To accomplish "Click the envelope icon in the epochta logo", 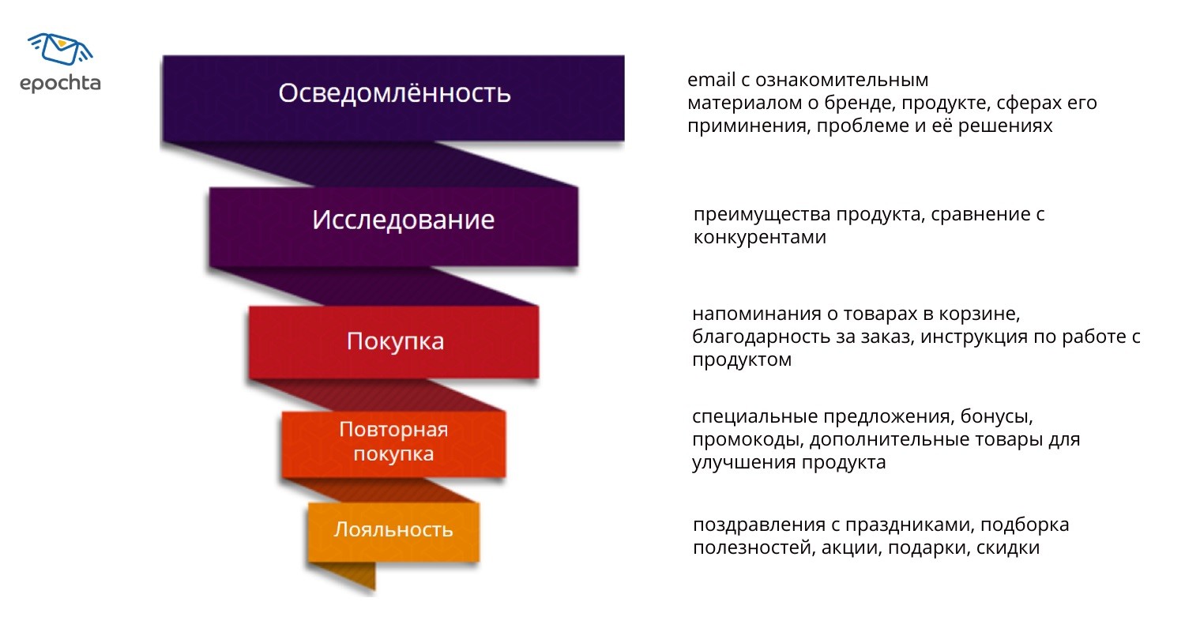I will point(60,50).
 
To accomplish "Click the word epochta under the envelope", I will point(60,83).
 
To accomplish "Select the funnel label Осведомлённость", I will point(394,93).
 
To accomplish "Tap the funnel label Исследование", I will point(403,219).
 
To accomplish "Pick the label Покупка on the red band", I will point(395,341).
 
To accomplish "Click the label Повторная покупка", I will point(393,442).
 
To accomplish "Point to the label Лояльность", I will point(393,529).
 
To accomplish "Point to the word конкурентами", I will point(759,238).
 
